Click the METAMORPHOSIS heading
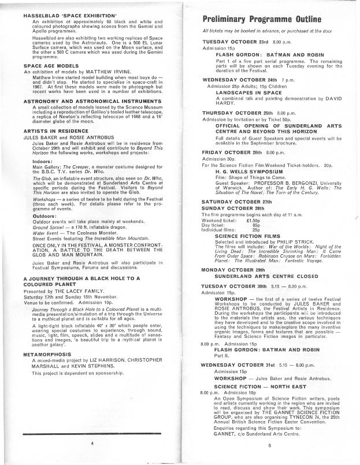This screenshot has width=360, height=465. tap(47, 353)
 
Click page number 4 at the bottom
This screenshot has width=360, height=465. tap(91, 444)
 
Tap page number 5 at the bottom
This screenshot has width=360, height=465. tap(269, 445)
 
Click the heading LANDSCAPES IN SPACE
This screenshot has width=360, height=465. tap(248, 92)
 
